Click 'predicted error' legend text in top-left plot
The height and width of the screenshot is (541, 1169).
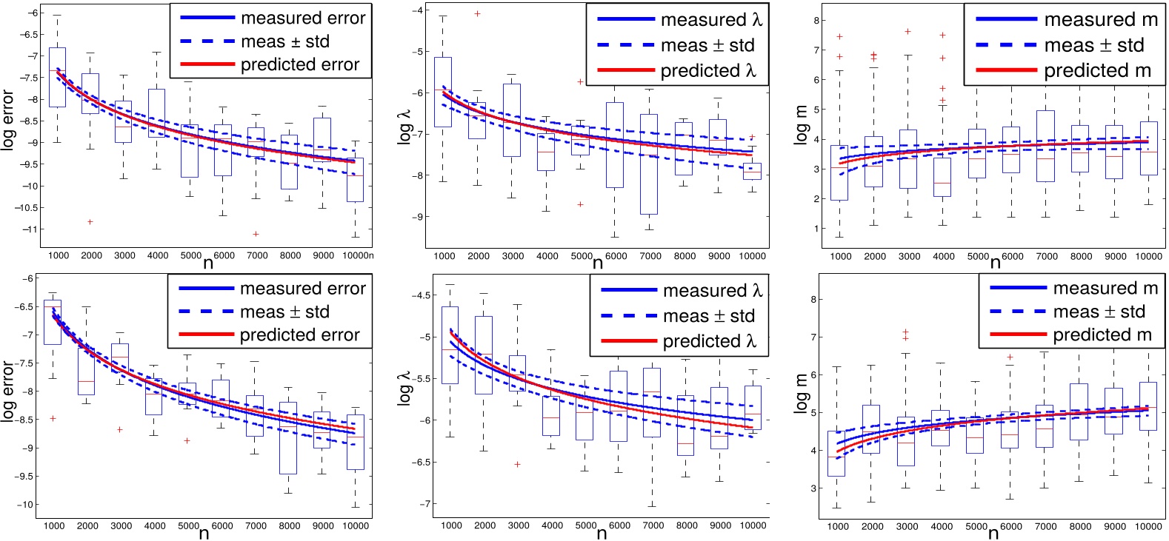point(299,65)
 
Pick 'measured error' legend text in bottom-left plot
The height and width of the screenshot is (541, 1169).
point(302,289)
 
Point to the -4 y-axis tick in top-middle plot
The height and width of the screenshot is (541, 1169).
point(416,10)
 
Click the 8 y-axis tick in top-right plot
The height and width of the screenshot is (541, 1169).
point(816,21)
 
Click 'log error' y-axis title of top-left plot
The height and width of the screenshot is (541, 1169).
point(8,120)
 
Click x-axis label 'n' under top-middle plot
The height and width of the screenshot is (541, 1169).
point(599,261)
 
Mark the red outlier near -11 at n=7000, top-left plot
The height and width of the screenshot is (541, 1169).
point(256,234)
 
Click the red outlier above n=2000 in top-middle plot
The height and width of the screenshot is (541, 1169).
point(477,13)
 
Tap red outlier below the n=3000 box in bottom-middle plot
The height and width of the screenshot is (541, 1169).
point(517,464)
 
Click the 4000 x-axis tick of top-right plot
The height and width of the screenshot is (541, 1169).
point(943,256)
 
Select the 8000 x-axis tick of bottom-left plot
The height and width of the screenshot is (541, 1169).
point(289,525)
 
